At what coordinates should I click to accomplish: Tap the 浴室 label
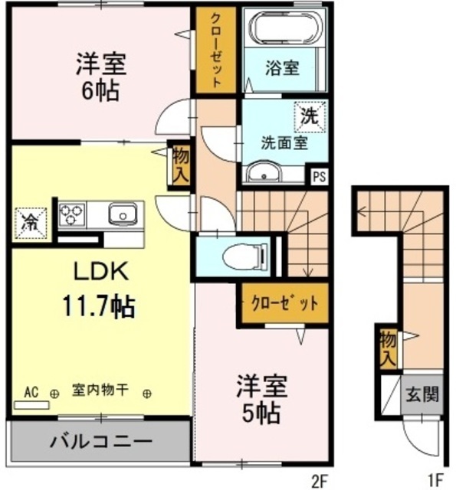(282, 68)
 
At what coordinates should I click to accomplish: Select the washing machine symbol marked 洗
(310, 117)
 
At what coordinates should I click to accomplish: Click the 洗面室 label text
(284, 143)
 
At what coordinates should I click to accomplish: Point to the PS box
(319, 177)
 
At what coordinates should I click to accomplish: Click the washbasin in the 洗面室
(264, 172)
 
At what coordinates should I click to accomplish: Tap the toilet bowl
(245, 256)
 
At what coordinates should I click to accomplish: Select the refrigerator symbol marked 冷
(31, 224)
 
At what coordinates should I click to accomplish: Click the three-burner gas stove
(72, 214)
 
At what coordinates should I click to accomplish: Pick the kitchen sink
(123, 214)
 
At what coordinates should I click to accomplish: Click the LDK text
(101, 271)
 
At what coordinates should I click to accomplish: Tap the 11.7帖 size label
(99, 306)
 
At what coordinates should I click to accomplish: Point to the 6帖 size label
(100, 90)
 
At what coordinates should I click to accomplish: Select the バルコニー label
(101, 442)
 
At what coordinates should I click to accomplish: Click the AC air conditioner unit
(31, 405)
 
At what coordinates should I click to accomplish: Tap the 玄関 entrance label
(422, 394)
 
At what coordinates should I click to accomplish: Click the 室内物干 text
(100, 390)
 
